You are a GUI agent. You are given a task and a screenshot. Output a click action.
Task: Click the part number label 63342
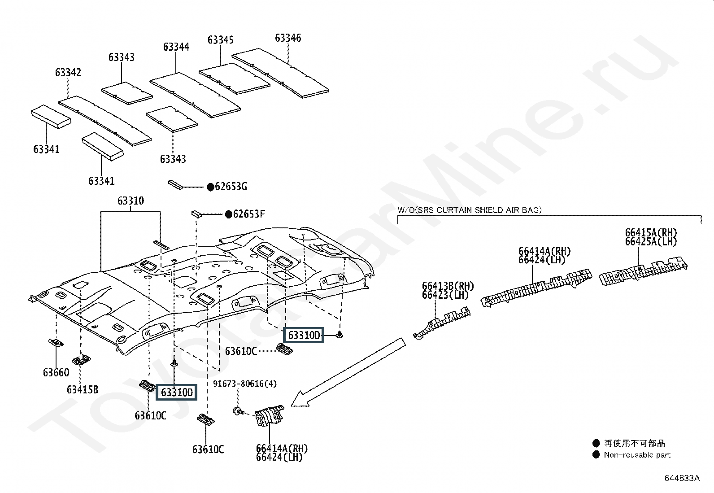pos(68,72)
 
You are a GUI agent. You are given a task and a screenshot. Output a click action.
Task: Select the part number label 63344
pos(176,47)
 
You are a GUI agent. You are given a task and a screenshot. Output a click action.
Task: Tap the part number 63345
pos(221,40)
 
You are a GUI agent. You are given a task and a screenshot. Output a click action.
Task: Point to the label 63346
pos(288,38)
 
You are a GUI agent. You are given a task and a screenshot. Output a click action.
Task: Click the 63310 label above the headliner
pos(131,201)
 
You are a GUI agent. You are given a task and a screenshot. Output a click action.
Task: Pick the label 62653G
pos(231,187)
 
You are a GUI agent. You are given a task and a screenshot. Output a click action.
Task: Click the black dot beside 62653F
pos(228,214)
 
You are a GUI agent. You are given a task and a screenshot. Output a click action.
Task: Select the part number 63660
pos(56,372)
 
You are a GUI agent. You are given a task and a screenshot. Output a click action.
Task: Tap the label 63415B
pos(83,389)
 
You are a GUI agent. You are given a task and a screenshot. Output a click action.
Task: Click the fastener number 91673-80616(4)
pos(245,384)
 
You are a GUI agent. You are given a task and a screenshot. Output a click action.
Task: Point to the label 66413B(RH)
pos(448,286)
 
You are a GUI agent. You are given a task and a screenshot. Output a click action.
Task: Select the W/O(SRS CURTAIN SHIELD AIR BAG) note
pos(470,209)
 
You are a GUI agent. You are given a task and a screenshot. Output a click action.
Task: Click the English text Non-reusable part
pos(637,455)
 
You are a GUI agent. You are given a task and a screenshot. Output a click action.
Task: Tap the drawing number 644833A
pos(682,478)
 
